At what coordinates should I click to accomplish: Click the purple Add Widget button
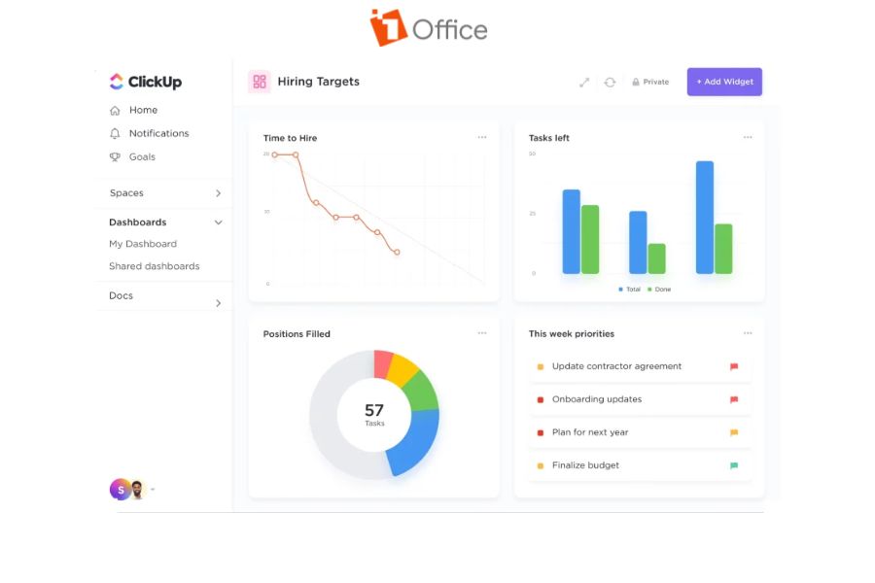click(x=724, y=82)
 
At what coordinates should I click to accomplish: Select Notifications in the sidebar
click(x=158, y=133)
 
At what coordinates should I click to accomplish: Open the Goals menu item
click(x=142, y=156)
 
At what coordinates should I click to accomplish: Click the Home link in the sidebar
click(x=143, y=110)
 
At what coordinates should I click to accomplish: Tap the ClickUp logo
click(x=145, y=82)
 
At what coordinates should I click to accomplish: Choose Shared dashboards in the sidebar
click(x=154, y=266)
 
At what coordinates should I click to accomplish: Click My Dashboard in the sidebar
click(x=143, y=244)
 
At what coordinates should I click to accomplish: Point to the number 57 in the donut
click(x=374, y=410)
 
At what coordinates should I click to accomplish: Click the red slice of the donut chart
click(x=383, y=363)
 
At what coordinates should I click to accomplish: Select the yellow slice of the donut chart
click(x=402, y=370)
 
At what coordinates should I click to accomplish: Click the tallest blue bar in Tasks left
click(x=705, y=217)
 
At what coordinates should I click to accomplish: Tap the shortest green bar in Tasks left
click(x=656, y=258)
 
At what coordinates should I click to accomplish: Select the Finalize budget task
click(x=585, y=465)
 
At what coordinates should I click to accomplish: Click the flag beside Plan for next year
click(x=734, y=432)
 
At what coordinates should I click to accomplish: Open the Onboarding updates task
click(x=597, y=399)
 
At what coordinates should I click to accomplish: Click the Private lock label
click(x=650, y=82)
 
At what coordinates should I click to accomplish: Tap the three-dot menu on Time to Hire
click(x=482, y=137)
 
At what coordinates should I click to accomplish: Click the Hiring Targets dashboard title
click(x=318, y=82)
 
